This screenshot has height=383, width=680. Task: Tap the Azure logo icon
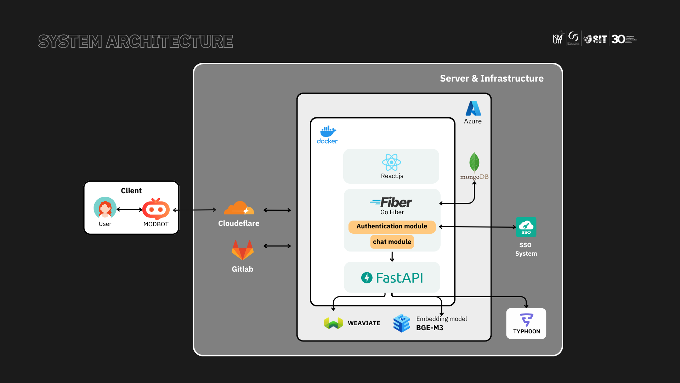coord(473,109)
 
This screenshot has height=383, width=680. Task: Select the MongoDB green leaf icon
coord(474,162)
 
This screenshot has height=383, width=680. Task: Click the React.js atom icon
coord(391,162)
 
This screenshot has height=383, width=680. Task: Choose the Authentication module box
coord(392,227)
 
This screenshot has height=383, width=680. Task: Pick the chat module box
coord(392,242)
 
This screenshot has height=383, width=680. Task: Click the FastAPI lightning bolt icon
coord(367,278)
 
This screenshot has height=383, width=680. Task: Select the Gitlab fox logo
coord(243,250)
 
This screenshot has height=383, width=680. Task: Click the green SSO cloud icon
coord(526,227)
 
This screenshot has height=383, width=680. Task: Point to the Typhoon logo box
coord(526,323)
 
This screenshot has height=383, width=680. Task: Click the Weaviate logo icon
coord(333,323)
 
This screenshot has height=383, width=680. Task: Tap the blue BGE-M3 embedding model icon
coord(402,323)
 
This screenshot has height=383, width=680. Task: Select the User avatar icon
coord(105,208)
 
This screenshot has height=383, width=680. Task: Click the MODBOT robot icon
coord(156,209)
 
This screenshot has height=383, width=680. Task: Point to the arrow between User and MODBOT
coord(129,210)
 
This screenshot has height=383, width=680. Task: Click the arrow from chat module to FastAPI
coord(392,256)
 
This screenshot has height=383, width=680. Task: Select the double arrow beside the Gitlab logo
coord(277,246)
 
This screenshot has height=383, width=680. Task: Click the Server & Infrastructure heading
coord(492,78)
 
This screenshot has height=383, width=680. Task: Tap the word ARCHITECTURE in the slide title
coord(170,41)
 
